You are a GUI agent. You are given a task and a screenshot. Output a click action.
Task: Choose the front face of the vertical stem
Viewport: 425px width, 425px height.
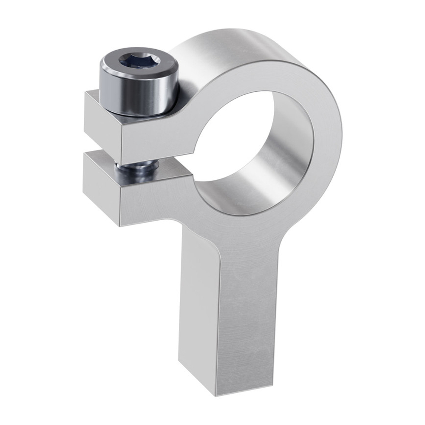[x=246, y=319]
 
